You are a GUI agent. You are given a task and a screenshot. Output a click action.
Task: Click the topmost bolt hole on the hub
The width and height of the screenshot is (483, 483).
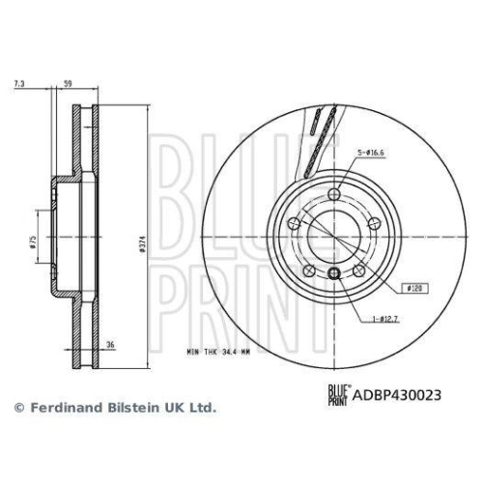point(333,197)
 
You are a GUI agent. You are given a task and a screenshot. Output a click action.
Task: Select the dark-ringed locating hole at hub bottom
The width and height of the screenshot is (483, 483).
point(333,272)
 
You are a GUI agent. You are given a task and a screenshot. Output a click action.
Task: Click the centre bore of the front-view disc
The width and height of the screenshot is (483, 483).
point(333,237)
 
